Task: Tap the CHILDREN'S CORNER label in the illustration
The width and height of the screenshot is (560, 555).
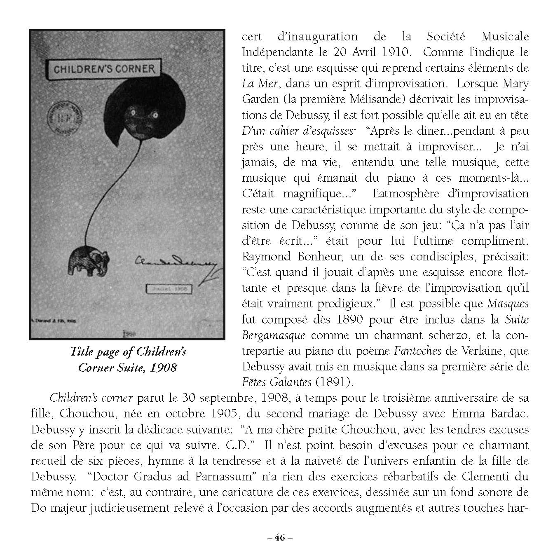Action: pyautogui.click(x=105, y=69)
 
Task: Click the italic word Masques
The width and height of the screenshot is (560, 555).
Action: pyautogui.click(x=508, y=303)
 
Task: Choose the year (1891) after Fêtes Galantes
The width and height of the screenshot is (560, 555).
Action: pyautogui.click(x=334, y=382)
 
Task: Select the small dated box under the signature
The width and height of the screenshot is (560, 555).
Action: pyautogui.click(x=169, y=289)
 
